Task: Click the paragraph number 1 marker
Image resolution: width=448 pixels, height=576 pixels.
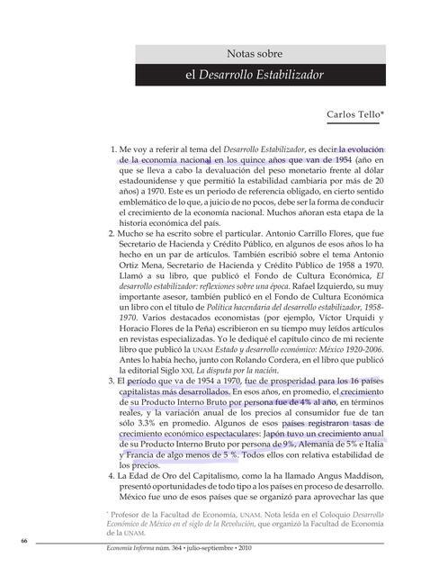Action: click(x=112, y=148)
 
